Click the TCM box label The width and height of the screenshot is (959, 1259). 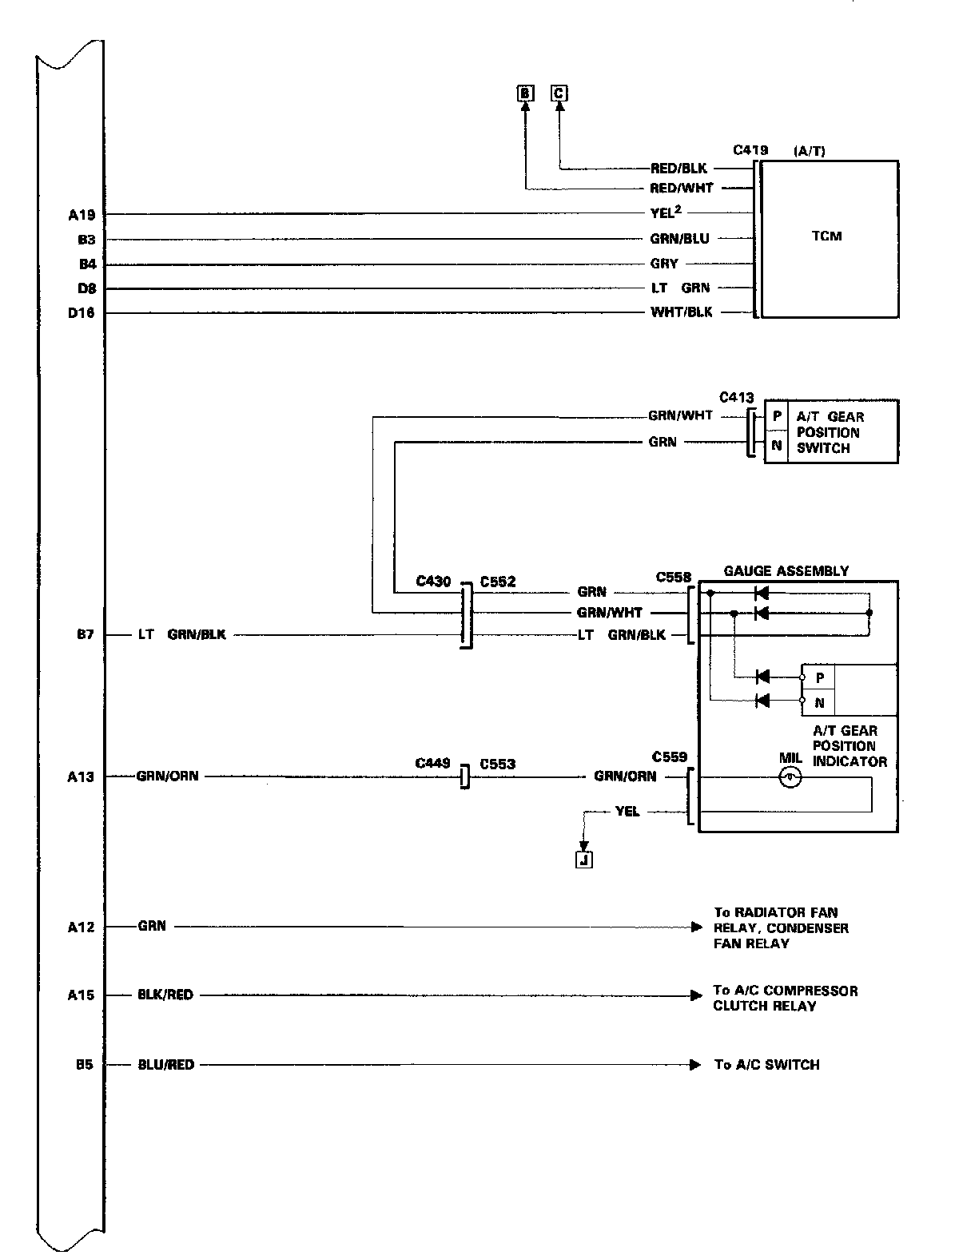pyautogui.click(x=826, y=236)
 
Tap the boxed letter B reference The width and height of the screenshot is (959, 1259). pyautogui.click(x=525, y=94)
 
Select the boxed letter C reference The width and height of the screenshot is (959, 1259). pyautogui.click(x=559, y=94)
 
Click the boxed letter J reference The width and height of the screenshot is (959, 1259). pyautogui.click(x=583, y=860)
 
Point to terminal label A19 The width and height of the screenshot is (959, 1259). pyautogui.click(x=82, y=214)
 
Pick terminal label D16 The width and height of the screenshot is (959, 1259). pyautogui.click(x=81, y=313)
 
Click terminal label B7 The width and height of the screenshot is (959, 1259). pyautogui.click(x=86, y=636)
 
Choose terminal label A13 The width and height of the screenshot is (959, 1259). pyautogui.click(x=82, y=776)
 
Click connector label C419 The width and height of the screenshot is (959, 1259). pyautogui.click(x=750, y=149)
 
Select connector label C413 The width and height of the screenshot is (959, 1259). pyautogui.click(x=736, y=397)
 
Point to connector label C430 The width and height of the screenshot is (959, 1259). pyautogui.click(x=434, y=582)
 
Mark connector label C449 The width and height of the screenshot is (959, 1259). pyautogui.click(x=432, y=764)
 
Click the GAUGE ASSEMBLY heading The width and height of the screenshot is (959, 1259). pyautogui.click(x=786, y=571)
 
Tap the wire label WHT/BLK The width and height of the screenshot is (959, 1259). pyautogui.click(x=681, y=312)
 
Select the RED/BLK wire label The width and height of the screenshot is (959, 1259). pyautogui.click(x=678, y=169)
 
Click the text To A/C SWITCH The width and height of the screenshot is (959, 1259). pyautogui.click(x=766, y=1064)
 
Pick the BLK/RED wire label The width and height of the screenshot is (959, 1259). pyautogui.click(x=165, y=995)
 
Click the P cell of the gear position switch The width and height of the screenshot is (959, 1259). pyautogui.click(x=776, y=417)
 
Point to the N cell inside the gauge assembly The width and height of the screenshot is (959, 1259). pyautogui.click(x=819, y=704)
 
